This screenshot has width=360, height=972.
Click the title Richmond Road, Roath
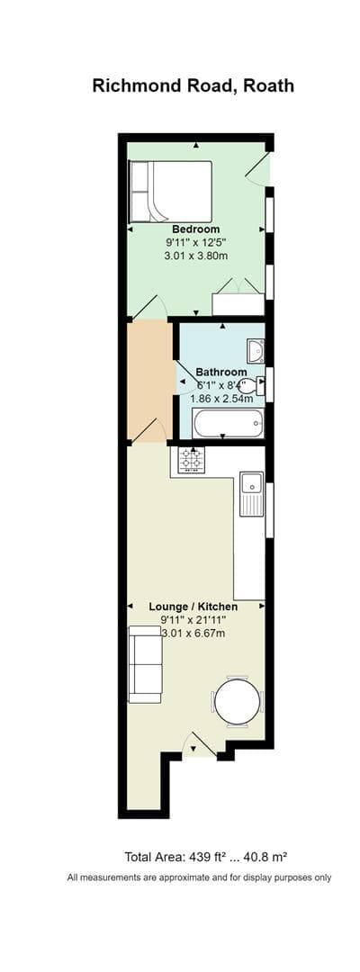[193, 86]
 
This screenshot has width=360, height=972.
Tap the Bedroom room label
[195, 229]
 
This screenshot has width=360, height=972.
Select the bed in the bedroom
[171, 192]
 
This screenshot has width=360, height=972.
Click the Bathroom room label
[220, 372]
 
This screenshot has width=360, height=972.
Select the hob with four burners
[191, 460]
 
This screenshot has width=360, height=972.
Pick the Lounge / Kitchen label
[193, 607]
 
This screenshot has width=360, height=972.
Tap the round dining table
[238, 701]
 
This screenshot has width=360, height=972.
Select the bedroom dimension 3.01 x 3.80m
[195, 256]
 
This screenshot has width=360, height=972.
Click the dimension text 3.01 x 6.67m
[193, 634]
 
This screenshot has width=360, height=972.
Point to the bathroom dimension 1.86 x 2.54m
[221, 398]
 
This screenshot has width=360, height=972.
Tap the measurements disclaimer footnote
[199, 877]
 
